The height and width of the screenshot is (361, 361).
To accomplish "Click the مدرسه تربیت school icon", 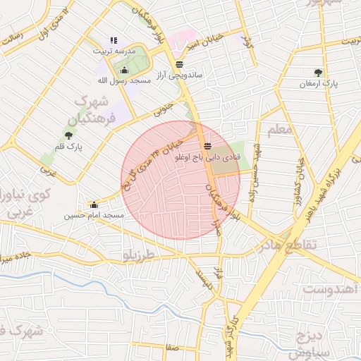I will point(114,40).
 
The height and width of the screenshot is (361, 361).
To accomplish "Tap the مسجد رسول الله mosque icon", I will point(125,70).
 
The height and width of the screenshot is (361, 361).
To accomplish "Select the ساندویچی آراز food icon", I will point(179,63).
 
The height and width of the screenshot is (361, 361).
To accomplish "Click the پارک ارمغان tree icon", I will point(319,72).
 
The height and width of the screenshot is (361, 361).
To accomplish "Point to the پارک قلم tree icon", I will point(68,135).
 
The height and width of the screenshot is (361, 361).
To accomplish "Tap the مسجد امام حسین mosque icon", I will point(94,204).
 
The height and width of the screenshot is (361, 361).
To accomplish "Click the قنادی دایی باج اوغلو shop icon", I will point(207,149).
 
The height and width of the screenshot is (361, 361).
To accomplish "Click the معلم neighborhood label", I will point(279,130).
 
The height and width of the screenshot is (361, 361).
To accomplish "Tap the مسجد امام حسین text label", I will point(94,215).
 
